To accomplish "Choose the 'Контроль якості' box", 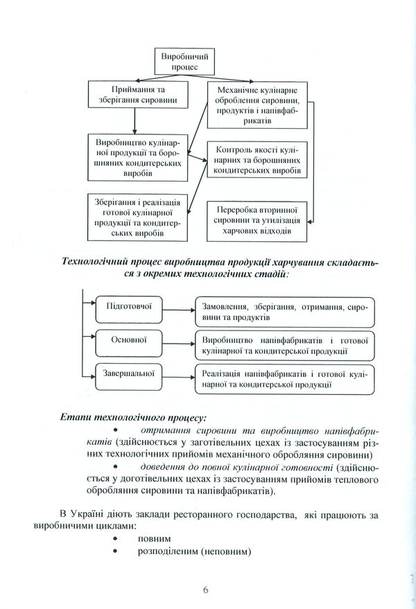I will tap(258, 160).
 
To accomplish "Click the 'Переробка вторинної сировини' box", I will tap(257, 220).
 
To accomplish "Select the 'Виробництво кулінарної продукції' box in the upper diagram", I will tap(136, 157).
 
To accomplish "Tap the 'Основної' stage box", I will tap(128, 339).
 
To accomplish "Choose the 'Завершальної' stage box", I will tap(128, 372).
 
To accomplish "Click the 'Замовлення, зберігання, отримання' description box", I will tap(284, 311).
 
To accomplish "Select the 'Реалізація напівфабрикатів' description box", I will tap(284, 378).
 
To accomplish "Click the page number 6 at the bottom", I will tap(206, 590).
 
